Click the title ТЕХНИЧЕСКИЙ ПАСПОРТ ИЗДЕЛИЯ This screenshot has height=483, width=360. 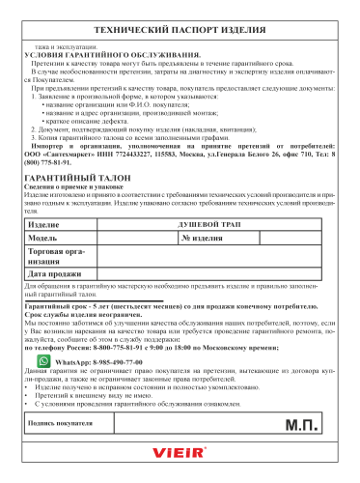click(x=180, y=31)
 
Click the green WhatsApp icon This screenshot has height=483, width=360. click(x=44, y=359)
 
